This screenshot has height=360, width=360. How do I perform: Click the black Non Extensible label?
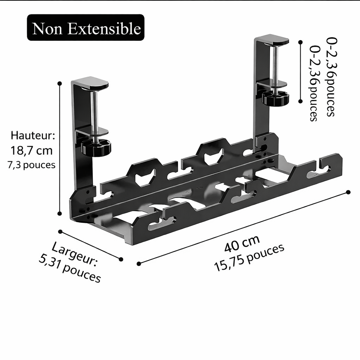click(x=86, y=27)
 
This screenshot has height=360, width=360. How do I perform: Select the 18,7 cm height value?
click(x=31, y=150)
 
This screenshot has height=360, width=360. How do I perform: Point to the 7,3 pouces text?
click(x=31, y=165)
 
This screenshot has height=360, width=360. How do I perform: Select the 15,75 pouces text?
click(x=249, y=258)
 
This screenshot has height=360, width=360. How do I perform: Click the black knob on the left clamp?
click(x=96, y=148)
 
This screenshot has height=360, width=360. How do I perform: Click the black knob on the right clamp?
click(x=276, y=98)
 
